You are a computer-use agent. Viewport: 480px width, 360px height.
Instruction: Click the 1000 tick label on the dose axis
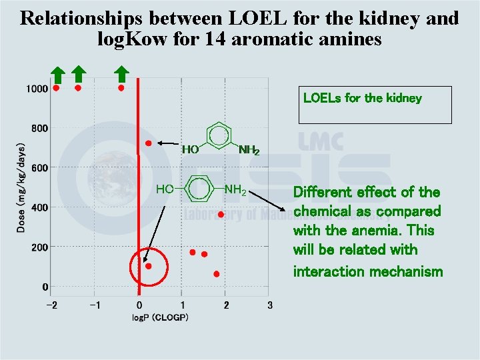click(x=37, y=89)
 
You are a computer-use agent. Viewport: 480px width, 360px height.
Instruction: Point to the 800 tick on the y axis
click(x=39, y=128)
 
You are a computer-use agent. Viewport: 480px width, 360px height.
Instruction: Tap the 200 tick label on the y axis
click(x=39, y=247)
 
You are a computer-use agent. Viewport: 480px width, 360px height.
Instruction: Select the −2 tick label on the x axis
click(x=51, y=305)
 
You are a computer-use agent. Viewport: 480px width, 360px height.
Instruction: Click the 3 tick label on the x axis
click(x=269, y=305)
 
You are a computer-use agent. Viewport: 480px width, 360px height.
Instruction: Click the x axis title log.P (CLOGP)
click(x=160, y=317)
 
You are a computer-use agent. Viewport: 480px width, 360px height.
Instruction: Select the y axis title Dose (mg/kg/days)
click(x=21, y=188)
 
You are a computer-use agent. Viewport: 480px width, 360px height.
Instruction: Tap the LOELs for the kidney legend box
click(x=375, y=105)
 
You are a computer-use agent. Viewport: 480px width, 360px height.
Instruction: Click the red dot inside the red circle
click(x=149, y=266)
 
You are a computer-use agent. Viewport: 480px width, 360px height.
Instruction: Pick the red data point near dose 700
click(x=149, y=143)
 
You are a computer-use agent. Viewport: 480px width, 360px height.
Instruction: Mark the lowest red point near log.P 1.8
click(x=216, y=274)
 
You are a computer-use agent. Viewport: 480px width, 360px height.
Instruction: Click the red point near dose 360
click(x=221, y=215)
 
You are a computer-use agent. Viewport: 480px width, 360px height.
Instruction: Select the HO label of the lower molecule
click(x=165, y=190)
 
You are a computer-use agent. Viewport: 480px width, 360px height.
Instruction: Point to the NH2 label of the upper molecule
click(x=248, y=151)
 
